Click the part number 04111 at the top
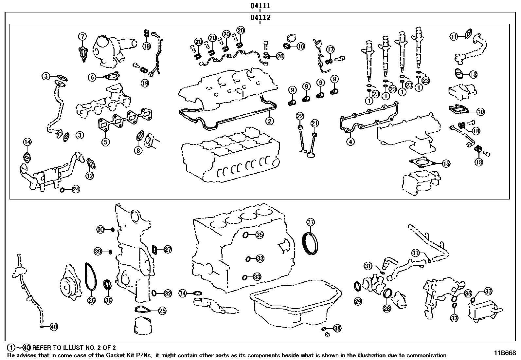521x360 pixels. [260, 6]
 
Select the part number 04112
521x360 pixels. [260, 18]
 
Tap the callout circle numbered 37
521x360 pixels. [311, 222]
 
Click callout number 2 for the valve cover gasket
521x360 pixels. [269, 121]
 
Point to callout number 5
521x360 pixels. [105, 142]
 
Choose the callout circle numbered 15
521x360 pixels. [446, 163]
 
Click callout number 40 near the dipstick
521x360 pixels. [54, 327]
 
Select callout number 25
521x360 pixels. [162, 311]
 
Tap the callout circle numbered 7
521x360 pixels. [82, 36]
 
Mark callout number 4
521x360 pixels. [350, 142]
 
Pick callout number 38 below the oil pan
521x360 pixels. [337, 328]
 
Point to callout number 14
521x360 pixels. [27, 142]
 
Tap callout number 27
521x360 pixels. [168, 250]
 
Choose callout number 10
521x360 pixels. [480, 112]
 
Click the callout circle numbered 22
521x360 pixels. [300, 116]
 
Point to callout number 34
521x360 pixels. [183, 294]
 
